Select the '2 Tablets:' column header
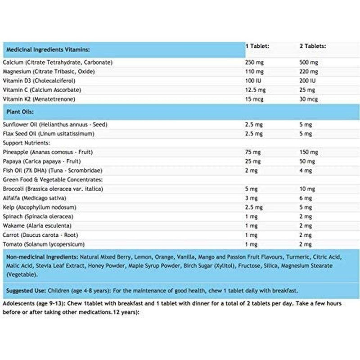tap(313, 46)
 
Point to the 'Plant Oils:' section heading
tap(18, 112)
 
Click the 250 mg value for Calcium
tap(253, 62)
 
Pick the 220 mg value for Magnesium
tap(308, 71)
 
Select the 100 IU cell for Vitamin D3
tap(253, 80)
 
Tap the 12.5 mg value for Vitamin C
tap(255, 89)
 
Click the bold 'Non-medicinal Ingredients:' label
tap(41, 257)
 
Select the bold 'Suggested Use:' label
tap(24, 290)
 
